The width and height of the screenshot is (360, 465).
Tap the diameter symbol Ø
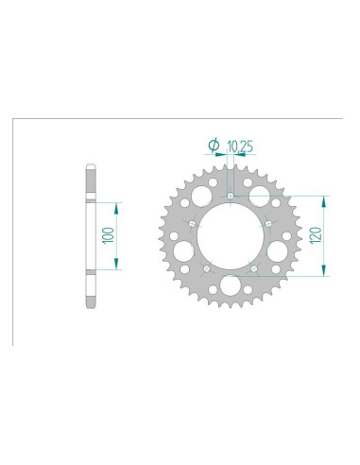point(213,145)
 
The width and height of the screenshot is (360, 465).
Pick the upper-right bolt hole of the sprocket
point(269,224)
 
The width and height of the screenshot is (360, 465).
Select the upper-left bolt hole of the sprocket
point(193,224)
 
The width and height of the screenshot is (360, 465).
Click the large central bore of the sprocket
point(231,238)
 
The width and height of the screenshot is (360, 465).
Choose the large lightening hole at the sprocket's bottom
point(231,287)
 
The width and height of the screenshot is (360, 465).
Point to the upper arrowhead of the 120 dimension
point(326,199)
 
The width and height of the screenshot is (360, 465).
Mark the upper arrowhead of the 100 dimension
point(116,203)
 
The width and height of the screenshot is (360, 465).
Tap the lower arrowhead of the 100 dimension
point(116,268)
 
